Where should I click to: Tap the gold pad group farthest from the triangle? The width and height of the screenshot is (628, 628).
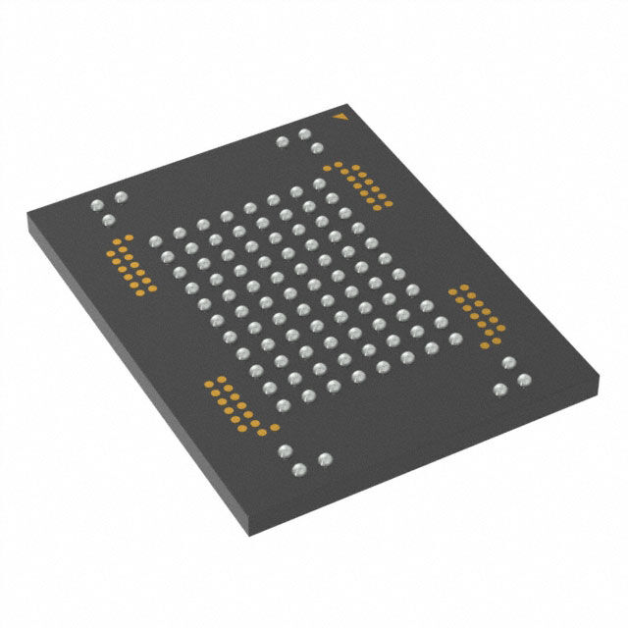click(236, 406)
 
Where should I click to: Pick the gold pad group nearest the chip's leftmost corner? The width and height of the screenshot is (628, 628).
click(131, 265)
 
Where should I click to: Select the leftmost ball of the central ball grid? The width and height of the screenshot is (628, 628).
click(153, 242)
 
